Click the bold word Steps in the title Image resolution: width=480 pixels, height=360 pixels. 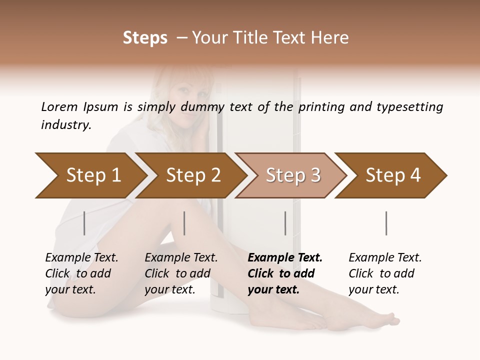(x=145, y=38)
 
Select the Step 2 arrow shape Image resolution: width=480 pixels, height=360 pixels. (x=190, y=175)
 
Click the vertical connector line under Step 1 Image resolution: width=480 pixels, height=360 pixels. (x=84, y=223)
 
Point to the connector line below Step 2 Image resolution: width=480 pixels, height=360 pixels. (x=184, y=223)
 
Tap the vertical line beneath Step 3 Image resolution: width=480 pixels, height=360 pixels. (x=285, y=223)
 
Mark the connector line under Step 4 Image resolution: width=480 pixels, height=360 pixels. (x=386, y=223)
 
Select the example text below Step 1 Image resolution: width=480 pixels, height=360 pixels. (x=81, y=273)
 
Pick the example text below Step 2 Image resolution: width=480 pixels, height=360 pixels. (x=181, y=273)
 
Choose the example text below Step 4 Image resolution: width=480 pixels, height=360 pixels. (x=385, y=273)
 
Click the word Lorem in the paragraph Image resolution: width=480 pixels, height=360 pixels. (x=59, y=106)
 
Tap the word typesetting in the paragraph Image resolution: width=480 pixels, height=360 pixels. (x=409, y=107)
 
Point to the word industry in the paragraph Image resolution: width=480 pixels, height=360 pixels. (x=66, y=124)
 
